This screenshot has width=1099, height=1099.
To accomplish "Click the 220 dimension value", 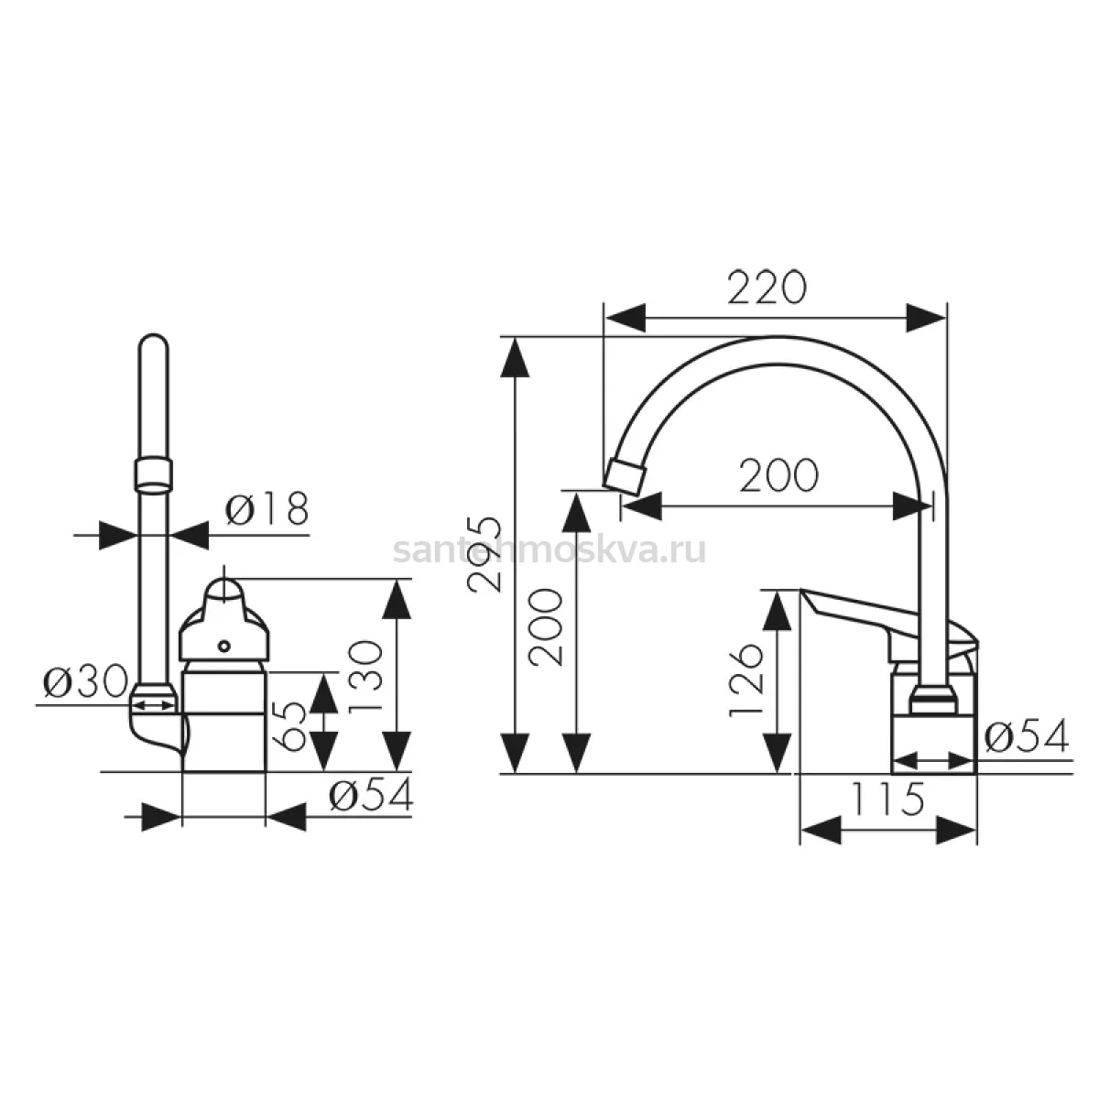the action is pyautogui.click(x=767, y=288).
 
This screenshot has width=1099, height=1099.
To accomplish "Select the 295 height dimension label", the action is pyautogui.click(x=484, y=554).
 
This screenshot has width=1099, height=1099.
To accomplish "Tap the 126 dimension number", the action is pyautogui.click(x=746, y=680).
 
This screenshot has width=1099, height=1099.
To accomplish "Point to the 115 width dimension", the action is pyautogui.click(x=887, y=799).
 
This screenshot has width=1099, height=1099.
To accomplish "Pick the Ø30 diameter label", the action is pyautogui.click(x=85, y=681).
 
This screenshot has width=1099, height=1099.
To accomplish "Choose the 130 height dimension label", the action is pyautogui.click(x=365, y=676).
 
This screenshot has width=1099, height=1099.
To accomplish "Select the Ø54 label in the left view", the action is pyautogui.click(x=371, y=795).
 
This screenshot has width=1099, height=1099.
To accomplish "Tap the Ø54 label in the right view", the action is pyautogui.click(x=1027, y=736).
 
